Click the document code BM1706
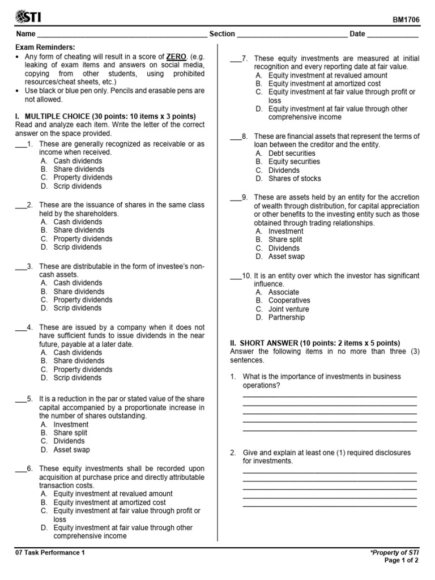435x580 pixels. tap(406, 19)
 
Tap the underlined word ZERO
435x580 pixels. tap(177, 57)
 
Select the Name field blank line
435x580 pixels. tap(122, 35)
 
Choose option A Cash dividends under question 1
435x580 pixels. tap(78, 161)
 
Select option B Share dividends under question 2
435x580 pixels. tap(79, 231)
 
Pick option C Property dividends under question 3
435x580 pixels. tap(83, 300)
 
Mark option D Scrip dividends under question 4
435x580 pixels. tap(78, 378)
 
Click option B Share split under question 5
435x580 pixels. tap(70, 433)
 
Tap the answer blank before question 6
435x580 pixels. tap(20, 469)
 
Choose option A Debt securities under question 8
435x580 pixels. tap(292, 153)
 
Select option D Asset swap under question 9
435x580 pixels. tap(286, 257)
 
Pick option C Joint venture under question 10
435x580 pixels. tap(288, 309)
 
